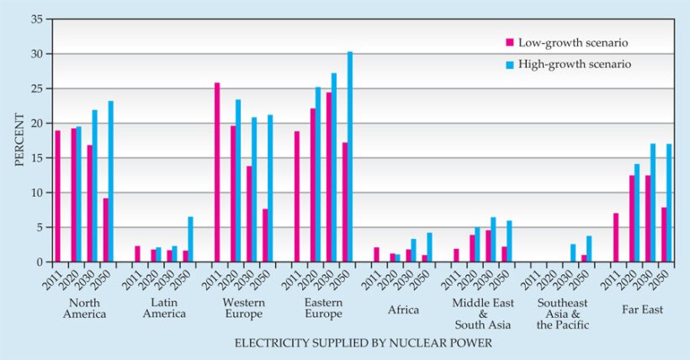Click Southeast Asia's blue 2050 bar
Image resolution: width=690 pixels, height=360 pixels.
pyautogui.click(x=589, y=249)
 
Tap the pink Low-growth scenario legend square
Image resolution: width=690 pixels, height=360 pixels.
pyautogui.click(x=509, y=42)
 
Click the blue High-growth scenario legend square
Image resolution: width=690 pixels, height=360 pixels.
pyautogui.click(x=509, y=63)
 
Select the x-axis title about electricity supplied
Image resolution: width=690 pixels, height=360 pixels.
pyautogui.click(x=363, y=343)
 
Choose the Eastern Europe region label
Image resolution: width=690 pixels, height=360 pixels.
pyautogui.click(x=323, y=308)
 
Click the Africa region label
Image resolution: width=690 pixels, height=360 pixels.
pyautogui.click(x=402, y=309)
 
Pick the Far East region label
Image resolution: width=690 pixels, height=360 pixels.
pyautogui.click(x=642, y=309)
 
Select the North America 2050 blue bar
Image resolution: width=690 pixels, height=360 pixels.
pyautogui.click(x=110, y=182)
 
